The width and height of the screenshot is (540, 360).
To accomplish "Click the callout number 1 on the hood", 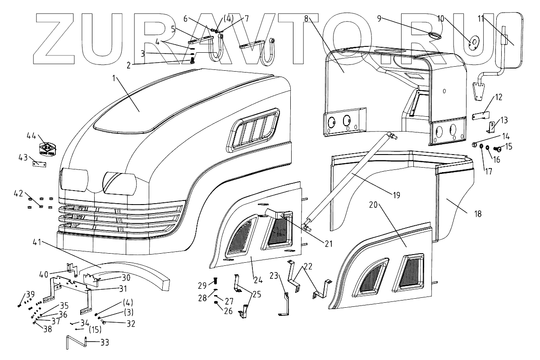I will pos(114,78).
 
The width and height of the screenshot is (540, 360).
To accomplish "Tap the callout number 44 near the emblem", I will pos(31,136).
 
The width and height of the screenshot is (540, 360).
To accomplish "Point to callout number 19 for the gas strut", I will pos(396,195).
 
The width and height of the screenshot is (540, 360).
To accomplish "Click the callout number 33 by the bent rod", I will pos(105,342).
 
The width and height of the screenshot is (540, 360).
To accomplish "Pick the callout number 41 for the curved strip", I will pos(37,242).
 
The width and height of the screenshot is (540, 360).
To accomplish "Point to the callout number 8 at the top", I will pos(307,18).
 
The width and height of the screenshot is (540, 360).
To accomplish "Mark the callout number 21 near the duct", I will pos(328,243).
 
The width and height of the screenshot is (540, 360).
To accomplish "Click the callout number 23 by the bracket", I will pos(274,275).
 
